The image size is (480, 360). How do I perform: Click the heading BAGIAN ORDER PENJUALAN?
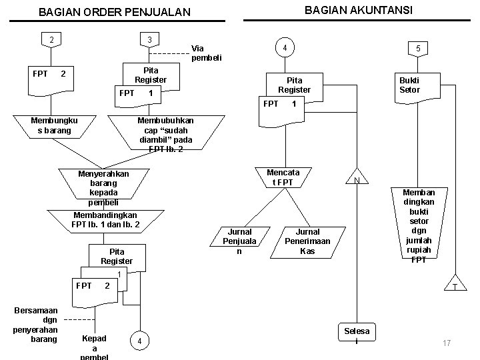[114, 12]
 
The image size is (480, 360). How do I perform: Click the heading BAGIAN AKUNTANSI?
[358, 9]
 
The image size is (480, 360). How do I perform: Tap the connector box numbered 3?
[149, 40]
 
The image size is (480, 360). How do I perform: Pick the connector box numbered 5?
[417, 49]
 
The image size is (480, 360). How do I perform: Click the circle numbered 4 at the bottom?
[139, 342]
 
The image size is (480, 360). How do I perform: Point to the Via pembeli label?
[206, 53]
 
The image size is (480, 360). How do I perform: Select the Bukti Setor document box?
[409, 85]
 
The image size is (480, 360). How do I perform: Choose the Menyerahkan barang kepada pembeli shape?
[103, 187]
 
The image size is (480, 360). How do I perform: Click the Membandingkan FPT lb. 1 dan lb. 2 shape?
[105, 220]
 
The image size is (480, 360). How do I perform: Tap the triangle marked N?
[357, 179]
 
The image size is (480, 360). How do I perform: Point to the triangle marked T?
[455, 283]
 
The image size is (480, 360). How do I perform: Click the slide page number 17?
[447, 343]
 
